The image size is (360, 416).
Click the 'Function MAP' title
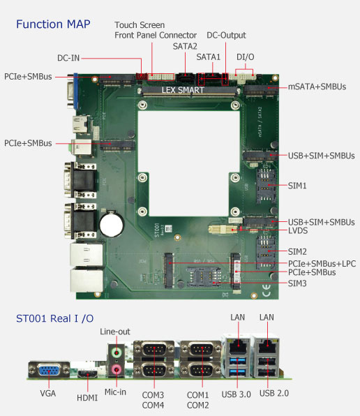53,24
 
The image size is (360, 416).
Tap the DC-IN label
68,58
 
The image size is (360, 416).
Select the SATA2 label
185,47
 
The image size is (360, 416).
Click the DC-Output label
226,36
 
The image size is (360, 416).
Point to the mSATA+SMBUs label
317,87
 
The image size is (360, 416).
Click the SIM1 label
297,186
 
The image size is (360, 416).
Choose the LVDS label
298,230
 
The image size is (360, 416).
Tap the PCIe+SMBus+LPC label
322,264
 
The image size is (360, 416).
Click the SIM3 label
297,283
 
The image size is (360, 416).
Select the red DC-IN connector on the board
142,76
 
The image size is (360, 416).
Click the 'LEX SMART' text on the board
183,90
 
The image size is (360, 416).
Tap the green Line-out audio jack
117,353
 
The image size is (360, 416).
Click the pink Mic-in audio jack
117,369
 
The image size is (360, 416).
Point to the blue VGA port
49,370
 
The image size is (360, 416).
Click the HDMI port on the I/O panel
88,374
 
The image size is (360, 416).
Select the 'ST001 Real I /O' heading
55,319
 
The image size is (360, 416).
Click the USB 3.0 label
237,394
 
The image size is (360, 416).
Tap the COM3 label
153,395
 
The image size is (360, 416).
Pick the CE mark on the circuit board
266,290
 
